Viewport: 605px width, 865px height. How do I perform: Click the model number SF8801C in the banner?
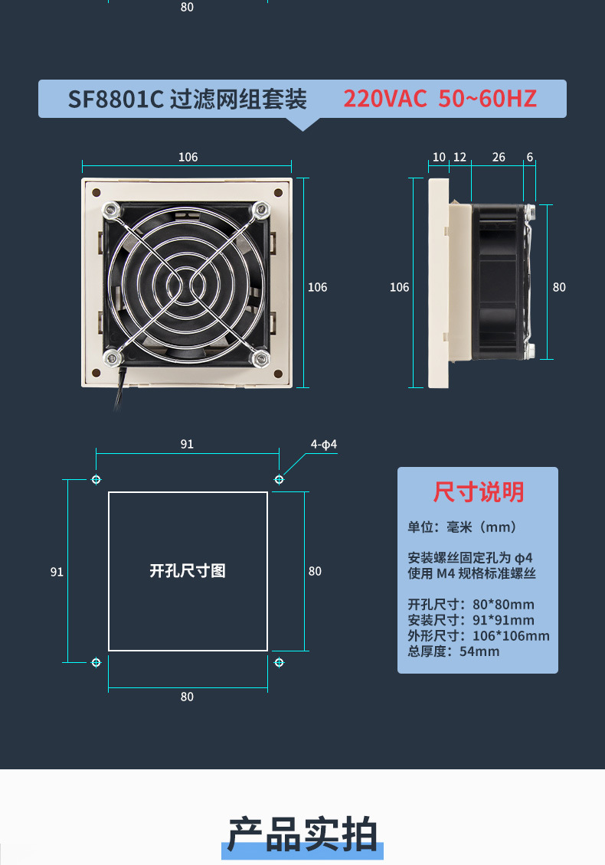(x=116, y=100)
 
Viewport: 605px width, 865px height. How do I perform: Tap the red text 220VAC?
(x=384, y=100)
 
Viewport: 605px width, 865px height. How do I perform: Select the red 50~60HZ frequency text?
(x=487, y=100)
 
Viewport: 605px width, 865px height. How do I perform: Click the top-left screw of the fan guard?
(x=110, y=209)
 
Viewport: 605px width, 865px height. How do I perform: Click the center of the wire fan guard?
(x=186, y=282)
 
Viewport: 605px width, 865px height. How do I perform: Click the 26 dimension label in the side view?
(x=499, y=157)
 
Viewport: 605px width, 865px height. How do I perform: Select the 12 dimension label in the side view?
(x=459, y=157)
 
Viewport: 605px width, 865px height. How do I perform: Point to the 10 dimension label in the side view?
(x=439, y=157)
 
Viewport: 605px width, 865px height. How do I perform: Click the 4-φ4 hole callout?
(x=324, y=445)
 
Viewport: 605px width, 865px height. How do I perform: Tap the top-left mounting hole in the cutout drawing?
(x=96, y=479)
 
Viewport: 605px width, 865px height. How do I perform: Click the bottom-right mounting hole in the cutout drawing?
(x=279, y=661)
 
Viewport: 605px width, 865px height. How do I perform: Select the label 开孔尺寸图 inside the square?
(x=188, y=571)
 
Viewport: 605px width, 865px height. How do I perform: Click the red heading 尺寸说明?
(x=479, y=492)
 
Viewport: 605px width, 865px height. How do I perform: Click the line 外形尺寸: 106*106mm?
(x=479, y=636)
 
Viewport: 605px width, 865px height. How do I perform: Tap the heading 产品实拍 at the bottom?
(x=302, y=834)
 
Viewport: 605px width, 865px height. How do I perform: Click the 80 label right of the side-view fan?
(x=559, y=287)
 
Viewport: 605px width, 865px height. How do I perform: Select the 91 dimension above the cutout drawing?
(x=187, y=444)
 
